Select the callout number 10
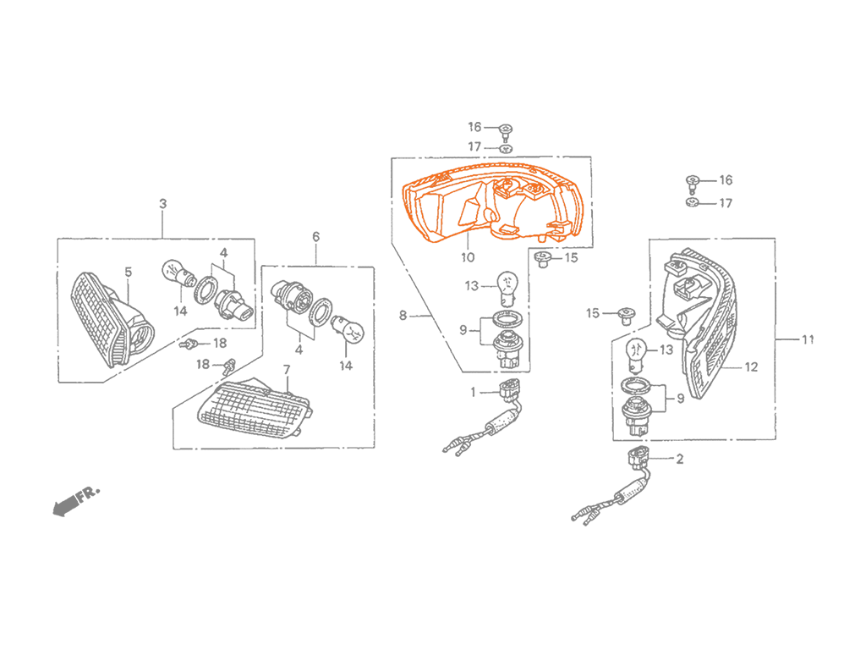click(467, 257)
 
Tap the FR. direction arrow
click(76, 501)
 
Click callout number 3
click(162, 203)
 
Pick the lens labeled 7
click(254, 409)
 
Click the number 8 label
click(403, 315)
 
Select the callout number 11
click(808, 339)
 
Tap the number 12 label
click(751, 367)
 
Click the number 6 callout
click(316, 237)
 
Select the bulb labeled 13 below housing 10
click(506, 288)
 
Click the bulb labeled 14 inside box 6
click(348, 329)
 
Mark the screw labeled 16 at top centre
click(506, 131)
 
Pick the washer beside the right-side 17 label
click(693, 203)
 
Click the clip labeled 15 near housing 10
click(544, 259)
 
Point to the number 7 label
click(286, 369)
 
